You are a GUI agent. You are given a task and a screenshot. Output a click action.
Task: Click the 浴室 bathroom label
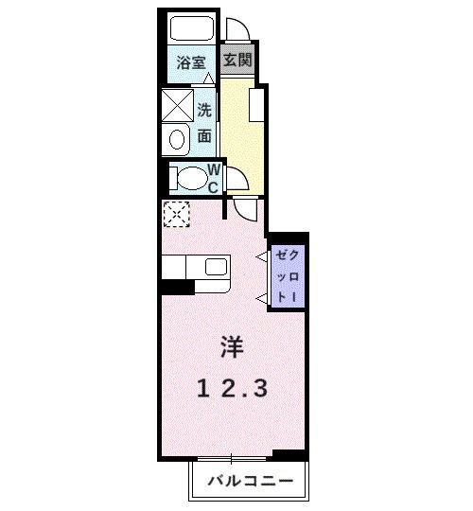pyautogui.click(x=192, y=64)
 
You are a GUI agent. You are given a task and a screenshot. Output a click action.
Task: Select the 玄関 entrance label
pyautogui.click(x=236, y=60)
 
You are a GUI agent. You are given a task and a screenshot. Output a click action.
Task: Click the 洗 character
pyautogui.click(x=205, y=109)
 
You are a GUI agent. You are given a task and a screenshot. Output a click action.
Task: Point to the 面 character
pyautogui.click(x=205, y=135)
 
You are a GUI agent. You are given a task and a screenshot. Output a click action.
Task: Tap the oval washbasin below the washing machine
pyautogui.click(x=177, y=140)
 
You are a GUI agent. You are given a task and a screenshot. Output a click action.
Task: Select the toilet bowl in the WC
pyautogui.click(x=191, y=177)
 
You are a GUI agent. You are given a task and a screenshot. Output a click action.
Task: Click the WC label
pyautogui.click(x=214, y=178)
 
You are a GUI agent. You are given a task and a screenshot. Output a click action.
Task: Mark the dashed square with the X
pyautogui.click(x=175, y=215)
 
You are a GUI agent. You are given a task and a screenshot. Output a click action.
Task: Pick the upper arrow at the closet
pyautogui.click(x=262, y=256)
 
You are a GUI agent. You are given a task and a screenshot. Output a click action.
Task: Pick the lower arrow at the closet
pyautogui.click(x=262, y=299)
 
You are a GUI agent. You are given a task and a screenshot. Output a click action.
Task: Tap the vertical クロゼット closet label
pyautogui.click(x=285, y=276)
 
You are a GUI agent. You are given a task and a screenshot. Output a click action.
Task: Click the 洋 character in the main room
pyautogui.click(x=232, y=347)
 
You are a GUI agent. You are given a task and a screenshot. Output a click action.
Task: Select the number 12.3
pyautogui.click(x=233, y=387)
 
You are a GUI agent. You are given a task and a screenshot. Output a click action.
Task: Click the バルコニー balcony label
pyautogui.click(x=251, y=481)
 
